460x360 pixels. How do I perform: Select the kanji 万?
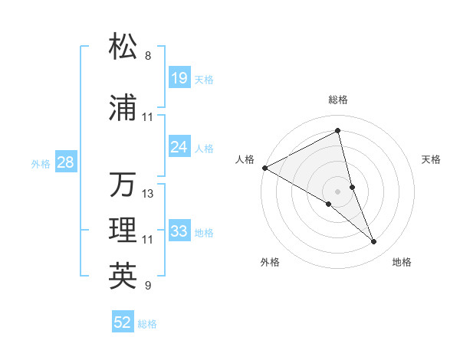click(123, 185)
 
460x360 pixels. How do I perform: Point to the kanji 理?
click(123, 231)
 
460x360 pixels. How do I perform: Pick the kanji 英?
click(123, 276)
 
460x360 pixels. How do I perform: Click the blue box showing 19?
click(179, 77)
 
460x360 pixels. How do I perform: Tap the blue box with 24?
click(179, 147)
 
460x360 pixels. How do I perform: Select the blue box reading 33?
click(179, 231)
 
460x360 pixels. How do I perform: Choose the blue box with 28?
click(66, 162)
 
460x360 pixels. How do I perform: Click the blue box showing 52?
click(123, 322)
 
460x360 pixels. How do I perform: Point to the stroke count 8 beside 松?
click(148, 56)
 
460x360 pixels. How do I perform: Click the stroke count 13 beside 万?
click(148, 194)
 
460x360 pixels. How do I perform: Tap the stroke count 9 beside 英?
click(148, 286)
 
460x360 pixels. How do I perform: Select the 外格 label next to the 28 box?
click(41, 163)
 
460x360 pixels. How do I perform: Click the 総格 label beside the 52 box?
click(147, 324)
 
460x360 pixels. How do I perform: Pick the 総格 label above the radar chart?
click(338, 100)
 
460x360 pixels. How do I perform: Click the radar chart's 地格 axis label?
click(402, 262)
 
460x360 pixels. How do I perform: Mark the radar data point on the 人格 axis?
click(264, 167)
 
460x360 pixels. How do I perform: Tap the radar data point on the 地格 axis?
click(374, 242)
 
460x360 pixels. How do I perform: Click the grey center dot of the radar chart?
click(338, 190)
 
